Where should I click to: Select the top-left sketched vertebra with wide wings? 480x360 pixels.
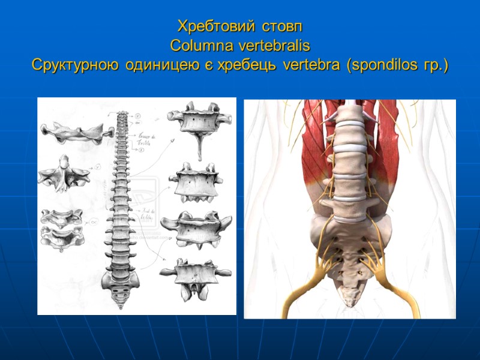(72, 130)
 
